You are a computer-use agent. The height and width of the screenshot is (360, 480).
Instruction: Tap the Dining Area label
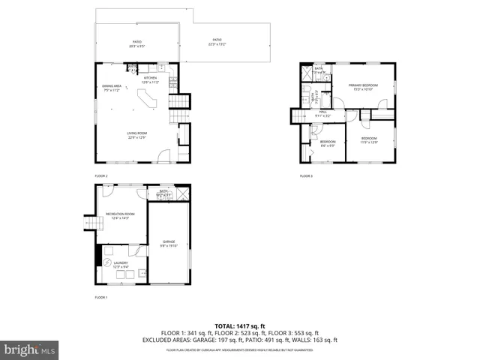pyautogui.click(x=112, y=88)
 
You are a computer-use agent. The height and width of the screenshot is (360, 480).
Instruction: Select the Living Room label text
pyautogui.click(x=136, y=136)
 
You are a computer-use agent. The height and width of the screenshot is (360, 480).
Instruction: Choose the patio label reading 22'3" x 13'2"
pyautogui.click(x=217, y=41)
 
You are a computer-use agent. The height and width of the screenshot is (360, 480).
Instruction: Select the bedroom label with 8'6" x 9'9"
pyautogui.click(x=328, y=143)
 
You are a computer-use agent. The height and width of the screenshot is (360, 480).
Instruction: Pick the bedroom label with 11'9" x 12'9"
pyautogui.click(x=368, y=140)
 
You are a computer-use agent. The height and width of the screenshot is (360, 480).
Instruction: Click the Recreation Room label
pyautogui.click(x=120, y=216)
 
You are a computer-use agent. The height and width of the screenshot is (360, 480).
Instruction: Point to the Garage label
pyautogui.click(x=169, y=243)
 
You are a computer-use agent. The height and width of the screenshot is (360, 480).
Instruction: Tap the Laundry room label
pyautogui.click(x=120, y=264)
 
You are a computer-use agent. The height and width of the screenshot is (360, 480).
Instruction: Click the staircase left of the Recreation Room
pyautogui.click(x=91, y=223)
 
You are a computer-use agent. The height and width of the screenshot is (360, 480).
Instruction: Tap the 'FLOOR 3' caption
pyautogui.click(x=306, y=176)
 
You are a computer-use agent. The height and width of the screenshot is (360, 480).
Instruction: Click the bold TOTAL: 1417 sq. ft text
pyautogui.click(x=240, y=326)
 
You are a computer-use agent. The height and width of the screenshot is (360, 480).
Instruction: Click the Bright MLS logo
pyautogui.click(x=30, y=349)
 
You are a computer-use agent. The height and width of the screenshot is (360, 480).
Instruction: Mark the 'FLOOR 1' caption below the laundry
pyautogui.click(x=101, y=298)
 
